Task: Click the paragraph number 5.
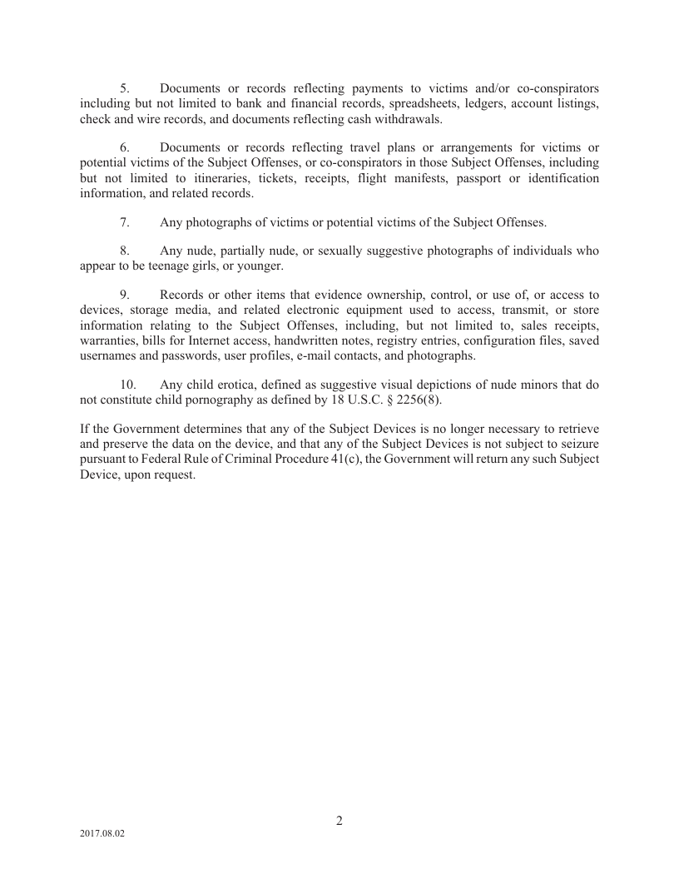(x=125, y=87)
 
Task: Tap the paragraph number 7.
(x=125, y=222)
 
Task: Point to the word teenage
(x=176, y=266)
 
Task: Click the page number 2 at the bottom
(x=339, y=821)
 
